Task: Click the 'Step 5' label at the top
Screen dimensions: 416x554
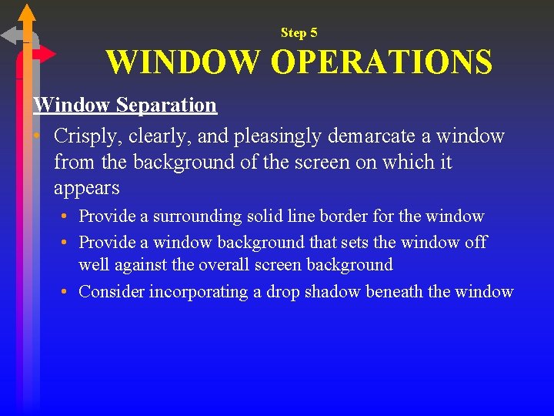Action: (x=299, y=32)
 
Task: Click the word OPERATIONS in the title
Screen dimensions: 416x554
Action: (x=382, y=62)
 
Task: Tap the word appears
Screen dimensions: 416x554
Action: (x=87, y=188)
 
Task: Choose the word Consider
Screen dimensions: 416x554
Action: (x=112, y=291)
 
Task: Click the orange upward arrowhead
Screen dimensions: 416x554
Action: (x=27, y=12)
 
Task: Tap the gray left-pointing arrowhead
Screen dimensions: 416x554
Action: (x=11, y=35)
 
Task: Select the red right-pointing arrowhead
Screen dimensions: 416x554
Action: (x=48, y=54)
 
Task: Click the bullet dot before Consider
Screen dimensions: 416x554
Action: (x=68, y=291)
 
